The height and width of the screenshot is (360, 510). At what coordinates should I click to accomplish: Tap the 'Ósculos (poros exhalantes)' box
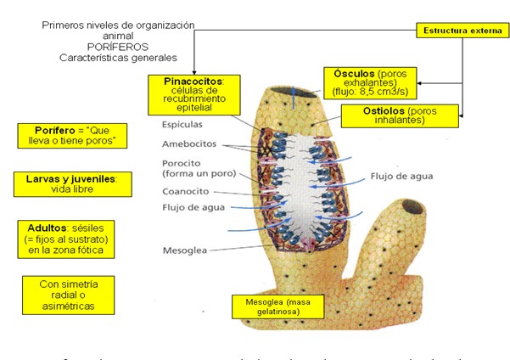[367, 83]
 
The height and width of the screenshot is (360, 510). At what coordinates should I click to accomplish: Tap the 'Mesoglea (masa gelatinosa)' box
[271, 306]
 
